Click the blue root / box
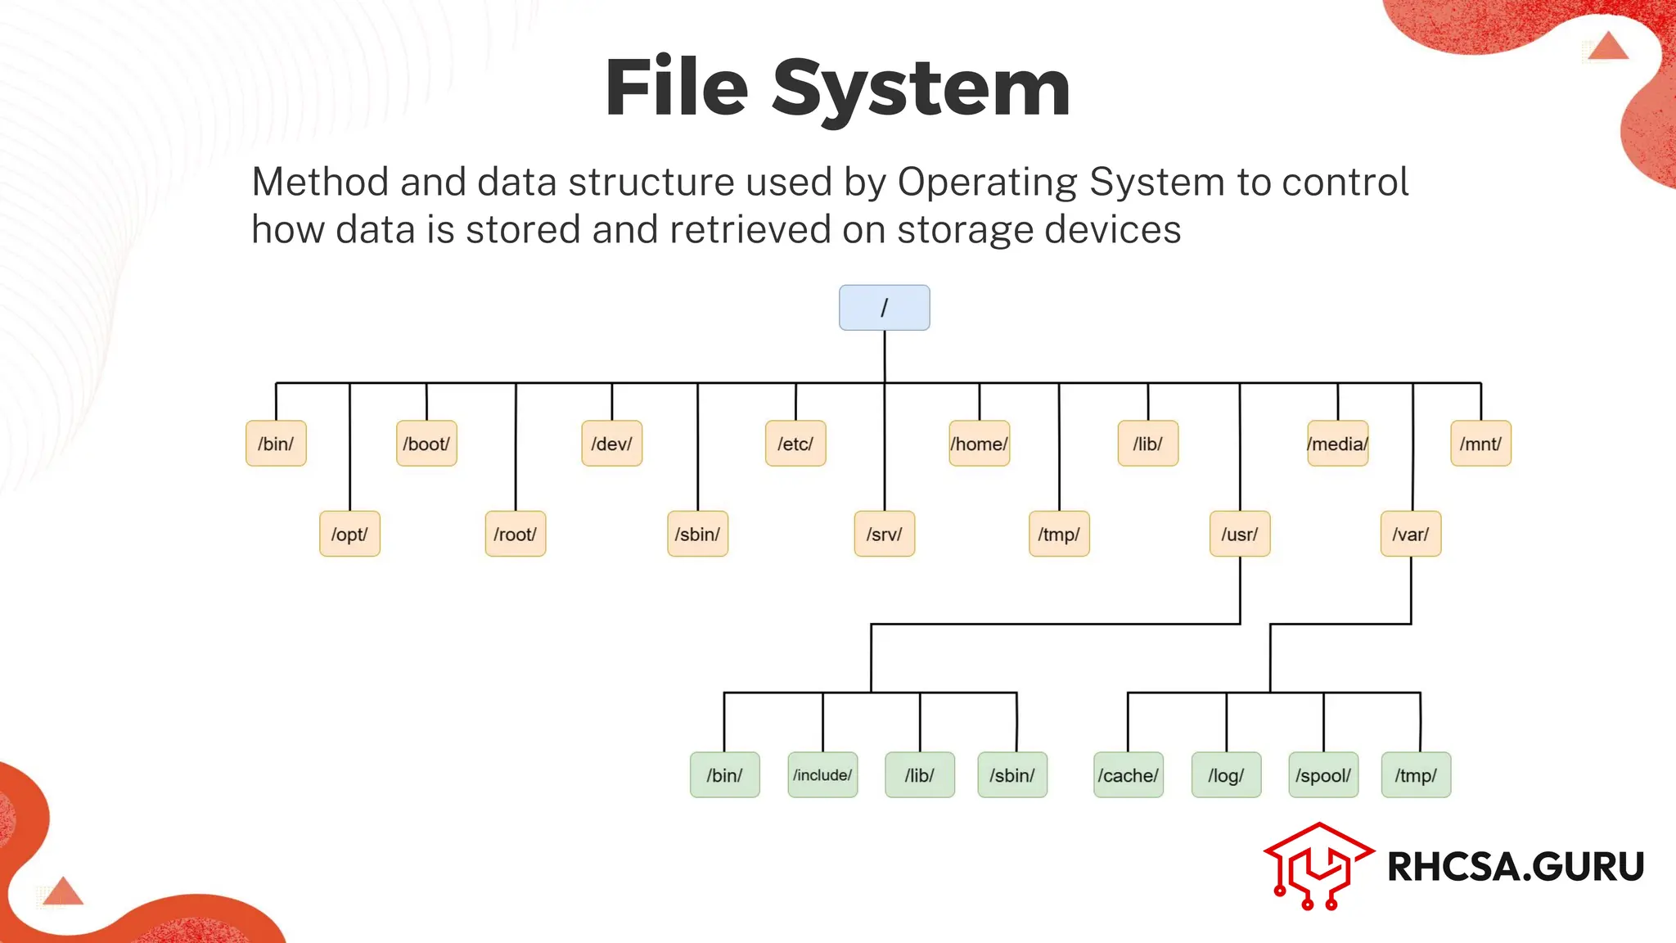pyautogui.click(x=884, y=308)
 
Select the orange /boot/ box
pyautogui.click(x=426, y=444)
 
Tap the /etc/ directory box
pyautogui.click(x=795, y=444)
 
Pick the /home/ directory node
pyautogui.click(x=979, y=444)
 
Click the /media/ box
pyautogui.click(x=1337, y=444)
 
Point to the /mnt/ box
pyautogui.click(x=1480, y=444)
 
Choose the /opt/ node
pyautogui.click(x=349, y=534)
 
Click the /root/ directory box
pyautogui.click(x=515, y=534)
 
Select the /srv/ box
pyautogui.click(x=884, y=534)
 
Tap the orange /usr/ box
pyautogui.click(x=1240, y=534)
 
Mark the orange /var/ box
pyautogui.click(x=1410, y=534)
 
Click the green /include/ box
pyautogui.click(x=822, y=774)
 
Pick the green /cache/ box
pyautogui.click(x=1128, y=774)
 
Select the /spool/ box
pyautogui.click(x=1323, y=774)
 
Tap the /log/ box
pyautogui.click(x=1226, y=774)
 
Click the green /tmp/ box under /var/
pyautogui.click(x=1416, y=774)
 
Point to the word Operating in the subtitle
pyautogui.click(x=988, y=182)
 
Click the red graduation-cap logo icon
pyautogui.click(x=1318, y=866)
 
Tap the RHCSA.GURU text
pyautogui.click(x=1516, y=866)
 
